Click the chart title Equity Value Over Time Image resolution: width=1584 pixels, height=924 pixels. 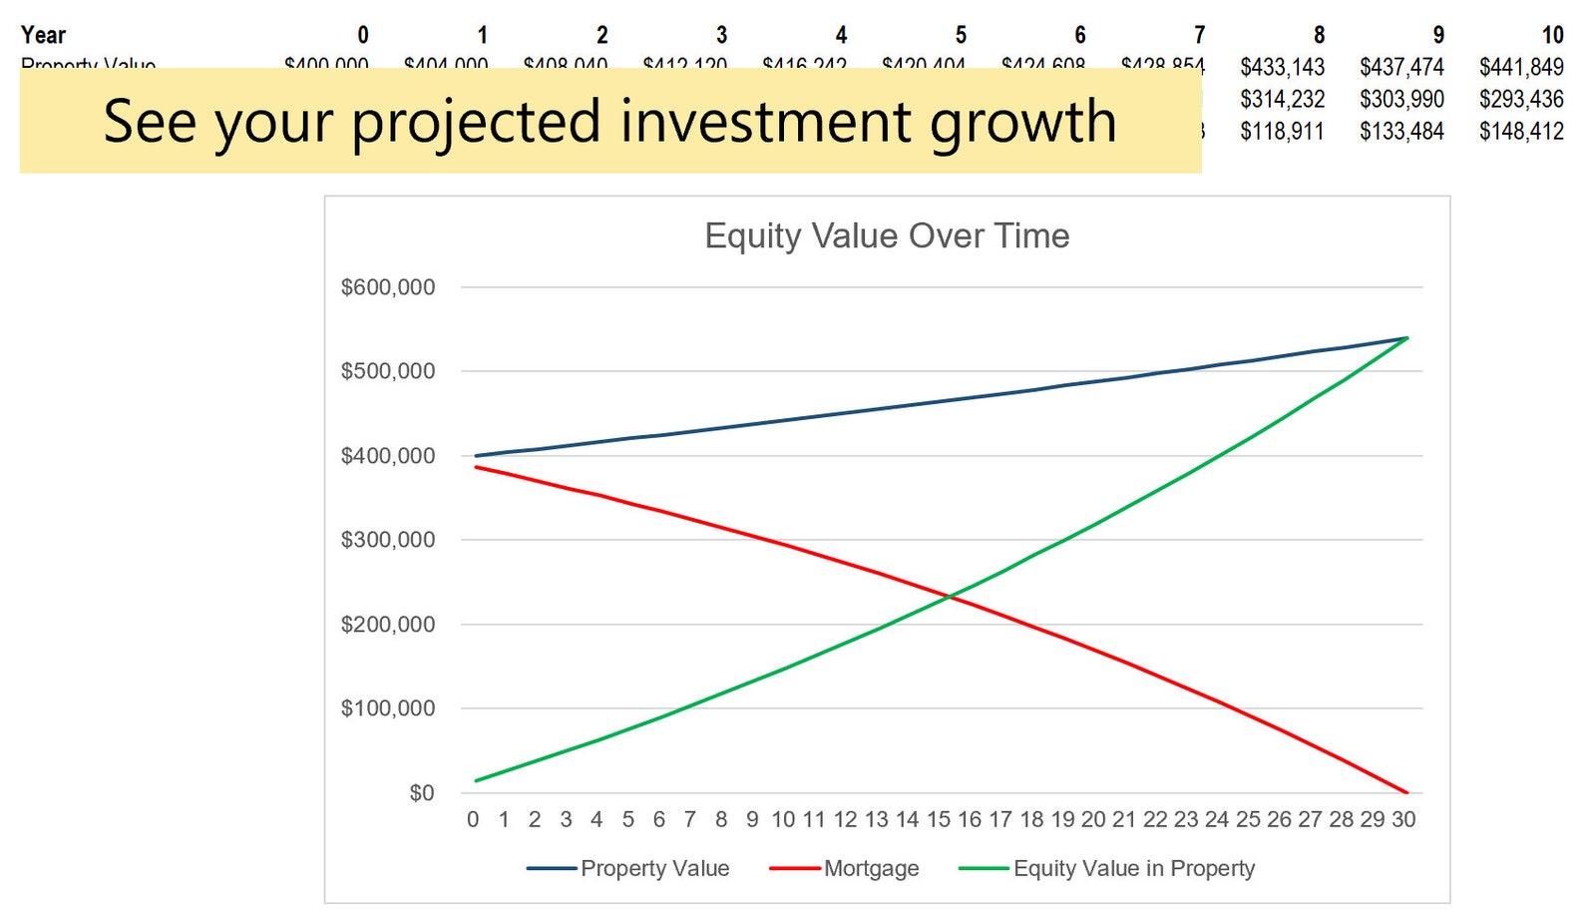point(887,236)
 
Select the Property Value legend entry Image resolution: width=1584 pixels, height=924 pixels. point(654,868)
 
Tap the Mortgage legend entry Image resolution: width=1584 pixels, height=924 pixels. point(871,868)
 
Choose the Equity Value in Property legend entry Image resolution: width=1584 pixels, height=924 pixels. point(1133,868)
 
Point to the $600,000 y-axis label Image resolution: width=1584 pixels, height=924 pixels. point(388,287)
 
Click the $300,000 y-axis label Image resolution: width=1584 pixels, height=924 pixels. point(388,540)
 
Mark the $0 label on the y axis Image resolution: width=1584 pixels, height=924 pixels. point(422,793)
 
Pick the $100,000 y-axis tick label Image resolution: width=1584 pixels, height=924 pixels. point(388,708)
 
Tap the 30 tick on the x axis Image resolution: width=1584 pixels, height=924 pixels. point(1403,819)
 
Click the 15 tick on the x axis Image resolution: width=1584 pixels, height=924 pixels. point(939,819)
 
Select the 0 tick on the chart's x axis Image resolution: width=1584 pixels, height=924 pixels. point(473,819)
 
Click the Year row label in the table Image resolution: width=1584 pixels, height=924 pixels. point(43,35)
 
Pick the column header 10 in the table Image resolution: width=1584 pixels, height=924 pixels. point(1552,35)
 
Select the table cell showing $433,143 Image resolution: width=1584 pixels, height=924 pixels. point(1282,67)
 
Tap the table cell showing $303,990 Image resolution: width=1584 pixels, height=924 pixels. point(1401,99)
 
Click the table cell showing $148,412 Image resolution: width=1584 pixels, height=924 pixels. point(1521,131)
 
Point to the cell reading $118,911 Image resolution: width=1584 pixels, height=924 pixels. point(1282,131)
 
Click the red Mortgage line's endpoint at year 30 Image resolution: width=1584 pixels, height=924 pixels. point(1406,792)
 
